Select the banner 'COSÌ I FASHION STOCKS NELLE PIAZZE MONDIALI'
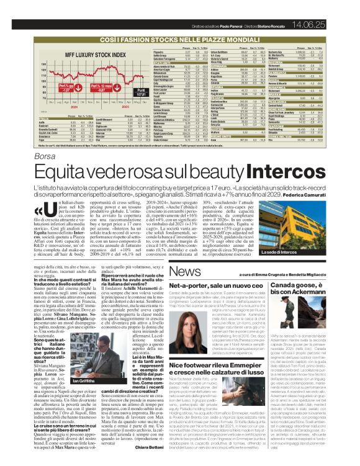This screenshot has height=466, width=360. click(x=179, y=38)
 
